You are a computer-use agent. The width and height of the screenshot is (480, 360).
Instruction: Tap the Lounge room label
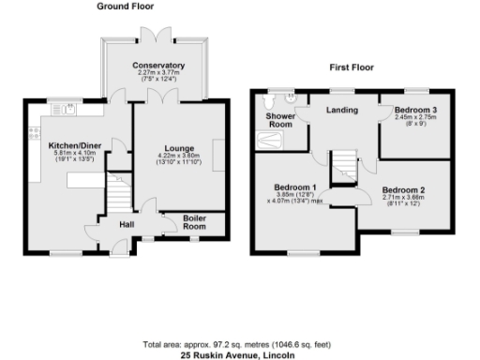179,148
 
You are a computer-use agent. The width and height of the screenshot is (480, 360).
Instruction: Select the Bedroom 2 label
404,190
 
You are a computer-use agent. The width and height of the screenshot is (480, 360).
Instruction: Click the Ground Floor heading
127,7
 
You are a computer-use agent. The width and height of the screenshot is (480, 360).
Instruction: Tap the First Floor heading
352,68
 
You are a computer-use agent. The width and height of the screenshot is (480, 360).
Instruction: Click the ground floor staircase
119,194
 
